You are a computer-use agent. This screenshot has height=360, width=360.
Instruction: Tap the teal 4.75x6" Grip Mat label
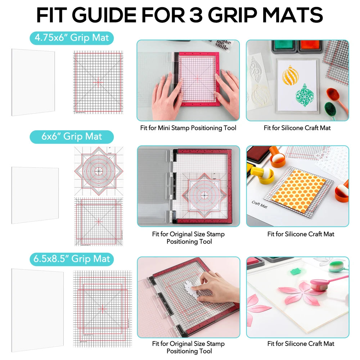[x=72, y=37]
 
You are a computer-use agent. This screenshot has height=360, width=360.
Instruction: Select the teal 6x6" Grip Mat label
[x=72, y=137]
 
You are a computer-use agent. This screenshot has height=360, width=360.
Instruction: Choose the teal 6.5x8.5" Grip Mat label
[x=72, y=259]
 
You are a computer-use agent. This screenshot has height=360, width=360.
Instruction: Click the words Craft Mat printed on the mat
[x=260, y=205]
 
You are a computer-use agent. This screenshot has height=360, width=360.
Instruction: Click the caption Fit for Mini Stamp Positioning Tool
[x=188, y=128]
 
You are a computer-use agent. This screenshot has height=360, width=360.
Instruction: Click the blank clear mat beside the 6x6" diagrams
[x=35, y=195]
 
